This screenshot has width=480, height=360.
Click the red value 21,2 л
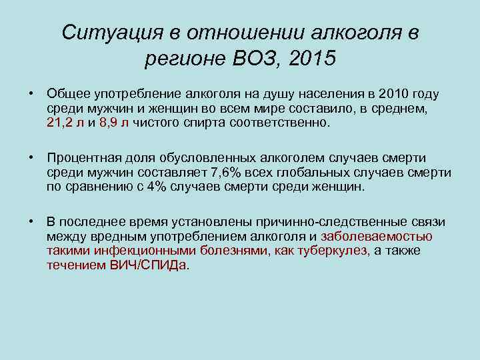pyautogui.click(x=65, y=123)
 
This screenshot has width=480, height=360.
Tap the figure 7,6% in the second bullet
pyautogui.click(x=229, y=172)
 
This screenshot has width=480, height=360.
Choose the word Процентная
pyautogui.click(x=82, y=157)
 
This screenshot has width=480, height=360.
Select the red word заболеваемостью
pyautogui.click(x=377, y=236)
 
